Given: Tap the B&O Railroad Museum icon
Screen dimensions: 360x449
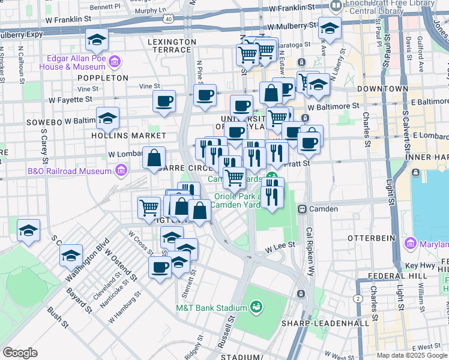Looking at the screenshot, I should (x=121, y=172).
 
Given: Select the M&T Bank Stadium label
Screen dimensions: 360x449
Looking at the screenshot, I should (x=211, y=308).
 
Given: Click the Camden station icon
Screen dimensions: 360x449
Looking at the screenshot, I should (x=302, y=209).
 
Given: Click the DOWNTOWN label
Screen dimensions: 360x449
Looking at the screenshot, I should (x=382, y=89).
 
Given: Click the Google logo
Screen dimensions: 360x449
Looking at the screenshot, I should (x=20, y=352).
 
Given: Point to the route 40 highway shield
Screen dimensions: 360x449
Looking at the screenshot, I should (x=169, y=19).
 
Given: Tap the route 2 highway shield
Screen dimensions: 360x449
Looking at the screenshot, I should (x=358, y=298).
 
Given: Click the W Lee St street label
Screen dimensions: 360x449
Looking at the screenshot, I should (x=281, y=245).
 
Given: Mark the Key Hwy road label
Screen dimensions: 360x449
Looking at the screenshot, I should (x=420, y=265).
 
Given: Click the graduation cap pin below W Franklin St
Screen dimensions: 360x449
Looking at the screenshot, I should (x=97, y=40).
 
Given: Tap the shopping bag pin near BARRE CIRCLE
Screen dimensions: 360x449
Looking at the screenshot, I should (x=154, y=159).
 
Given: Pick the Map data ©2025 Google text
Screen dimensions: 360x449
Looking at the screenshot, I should (x=411, y=355).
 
